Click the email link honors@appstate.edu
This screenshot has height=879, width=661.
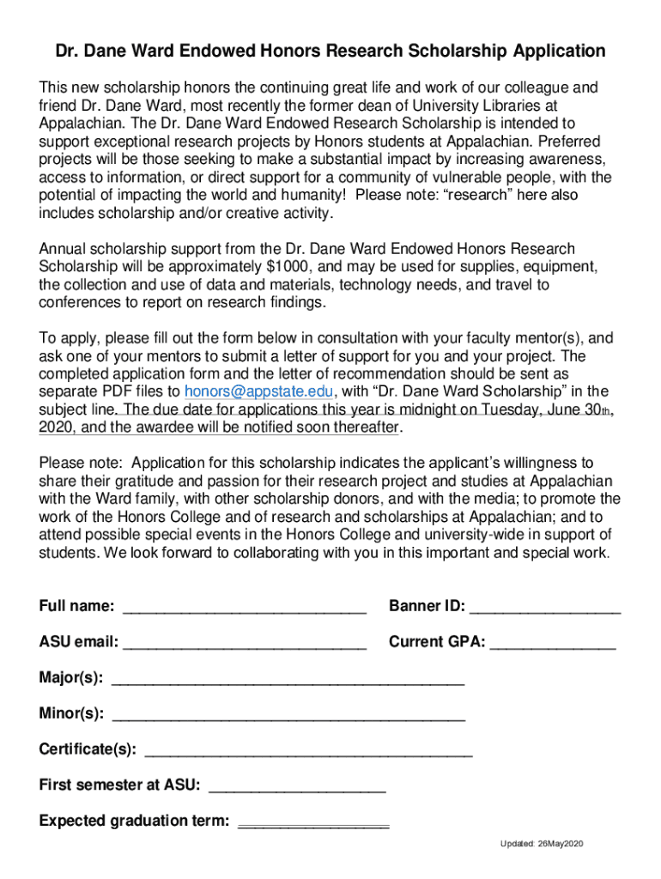pyautogui.click(x=258, y=392)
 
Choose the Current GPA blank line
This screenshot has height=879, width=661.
pyautogui.click(x=553, y=643)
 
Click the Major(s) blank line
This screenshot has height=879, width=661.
pyautogui.click(x=288, y=679)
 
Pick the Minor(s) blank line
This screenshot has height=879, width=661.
pyautogui.click(x=288, y=714)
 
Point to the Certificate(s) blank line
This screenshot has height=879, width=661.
pyautogui.click(x=308, y=750)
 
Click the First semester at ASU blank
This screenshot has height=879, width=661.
pyautogui.click(x=297, y=785)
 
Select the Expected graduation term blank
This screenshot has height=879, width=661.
pyautogui.click(x=312, y=821)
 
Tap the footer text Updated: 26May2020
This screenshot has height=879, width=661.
pyautogui.click(x=542, y=845)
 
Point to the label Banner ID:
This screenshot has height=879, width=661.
pyautogui.click(x=427, y=607)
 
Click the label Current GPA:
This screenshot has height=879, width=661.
pyautogui.click(x=437, y=642)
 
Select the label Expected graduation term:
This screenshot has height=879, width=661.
pyautogui.click(x=134, y=821)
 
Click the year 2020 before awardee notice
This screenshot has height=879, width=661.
pyautogui.click(x=56, y=427)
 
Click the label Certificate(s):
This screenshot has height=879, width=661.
pyautogui.click(x=88, y=749)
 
